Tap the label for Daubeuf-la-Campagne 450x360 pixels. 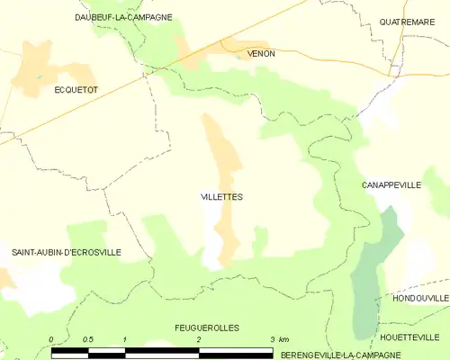point(123,17)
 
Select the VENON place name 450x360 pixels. point(261,54)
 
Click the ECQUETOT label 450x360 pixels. point(76,90)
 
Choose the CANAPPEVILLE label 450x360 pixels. point(391,184)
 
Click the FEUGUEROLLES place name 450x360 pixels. point(207,328)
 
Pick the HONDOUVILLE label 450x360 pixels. point(420,297)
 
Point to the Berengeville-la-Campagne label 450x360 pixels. point(364,355)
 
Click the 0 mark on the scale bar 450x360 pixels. point(52,339)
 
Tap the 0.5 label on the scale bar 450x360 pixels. point(87,339)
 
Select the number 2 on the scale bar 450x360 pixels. point(199,339)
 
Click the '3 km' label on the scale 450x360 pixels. point(278,339)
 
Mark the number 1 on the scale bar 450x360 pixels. point(125,339)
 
